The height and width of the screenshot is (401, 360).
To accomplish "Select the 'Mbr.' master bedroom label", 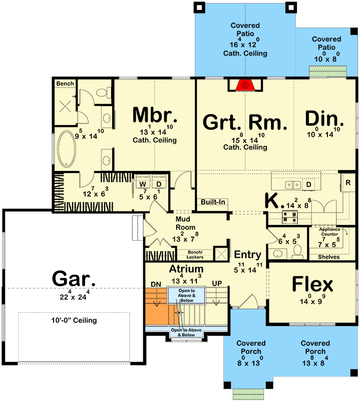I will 156,115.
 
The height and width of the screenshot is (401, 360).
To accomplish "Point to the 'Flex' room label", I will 312,285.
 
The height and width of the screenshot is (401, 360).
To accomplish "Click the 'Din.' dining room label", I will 324,120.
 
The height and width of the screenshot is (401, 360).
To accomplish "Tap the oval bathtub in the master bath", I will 66,148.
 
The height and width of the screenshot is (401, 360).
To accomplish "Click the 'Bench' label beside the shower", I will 65,83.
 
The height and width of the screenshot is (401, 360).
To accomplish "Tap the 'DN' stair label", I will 156,284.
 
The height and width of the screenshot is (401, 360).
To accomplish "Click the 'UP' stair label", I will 216,284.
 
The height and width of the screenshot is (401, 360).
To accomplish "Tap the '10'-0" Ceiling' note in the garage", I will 73,320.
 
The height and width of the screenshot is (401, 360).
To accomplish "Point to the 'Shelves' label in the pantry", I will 329,257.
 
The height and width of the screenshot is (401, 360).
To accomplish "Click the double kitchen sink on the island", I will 293,184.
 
